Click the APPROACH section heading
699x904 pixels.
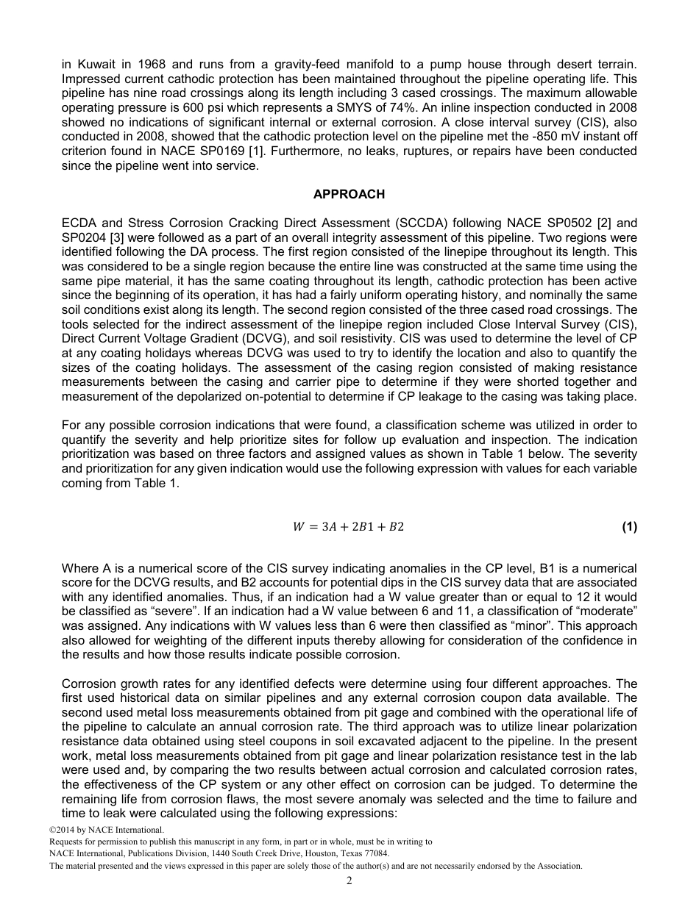click(x=349, y=194)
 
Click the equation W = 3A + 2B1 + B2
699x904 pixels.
click(x=349, y=527)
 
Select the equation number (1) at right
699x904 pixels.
click(x=629, y=527)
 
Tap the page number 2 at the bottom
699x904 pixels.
click(x=349, y=881)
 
